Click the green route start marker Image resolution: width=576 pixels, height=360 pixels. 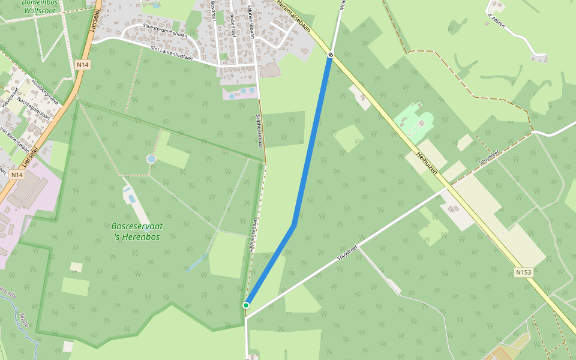(x=246, y=305)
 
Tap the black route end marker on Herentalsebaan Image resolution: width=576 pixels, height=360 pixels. (x=331, y=55)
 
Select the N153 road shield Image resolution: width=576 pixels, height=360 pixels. (x=523, y=272)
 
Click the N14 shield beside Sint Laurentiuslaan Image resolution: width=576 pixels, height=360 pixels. (x=83, y=65)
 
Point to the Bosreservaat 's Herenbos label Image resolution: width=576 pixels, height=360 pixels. (x=137, y=231)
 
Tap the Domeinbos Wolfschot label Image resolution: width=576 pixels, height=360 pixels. (x=40, y=6)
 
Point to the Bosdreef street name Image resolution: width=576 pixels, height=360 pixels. (x=214, y=11)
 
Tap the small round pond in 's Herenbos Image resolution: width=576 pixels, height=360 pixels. (x=151, y=158)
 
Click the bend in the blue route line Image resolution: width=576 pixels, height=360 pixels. (x=294, y=225)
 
